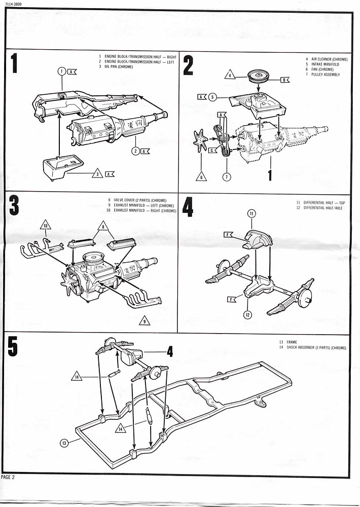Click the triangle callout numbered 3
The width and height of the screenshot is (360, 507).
click(97, 174)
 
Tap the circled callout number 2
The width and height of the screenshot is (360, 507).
click(136, 151)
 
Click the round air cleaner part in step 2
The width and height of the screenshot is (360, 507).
click(261, 78)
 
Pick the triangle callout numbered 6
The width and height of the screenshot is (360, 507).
click(201, 177)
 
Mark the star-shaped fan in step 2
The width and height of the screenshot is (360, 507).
click(201, 140)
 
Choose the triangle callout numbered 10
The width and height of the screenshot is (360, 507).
click(46, 225)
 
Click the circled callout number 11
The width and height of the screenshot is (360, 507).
click(253, 214)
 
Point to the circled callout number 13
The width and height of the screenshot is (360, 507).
click(64, 443)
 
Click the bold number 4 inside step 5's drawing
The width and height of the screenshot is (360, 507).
click(170, 351)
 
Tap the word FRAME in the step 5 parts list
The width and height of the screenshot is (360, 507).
click(292, 342)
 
